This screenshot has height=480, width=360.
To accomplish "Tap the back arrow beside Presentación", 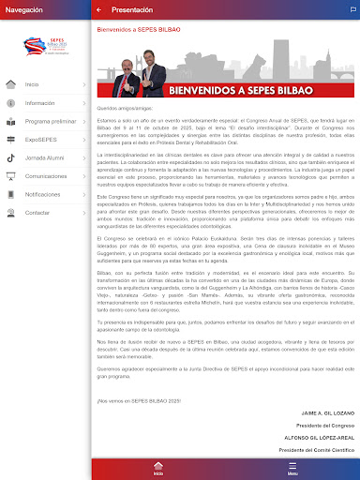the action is tap(99, 9).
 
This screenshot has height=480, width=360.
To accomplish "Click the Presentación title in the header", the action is tap(131, 9).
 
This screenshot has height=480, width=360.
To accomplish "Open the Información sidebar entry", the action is tap(40, 102).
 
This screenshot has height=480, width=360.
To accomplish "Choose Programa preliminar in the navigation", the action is tap(50, 121).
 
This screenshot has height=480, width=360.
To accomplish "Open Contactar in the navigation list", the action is tap(37, 212).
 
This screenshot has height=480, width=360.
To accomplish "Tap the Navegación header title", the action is tap(24, 9).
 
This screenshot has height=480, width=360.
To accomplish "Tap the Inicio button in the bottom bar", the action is tap(158, 470).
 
